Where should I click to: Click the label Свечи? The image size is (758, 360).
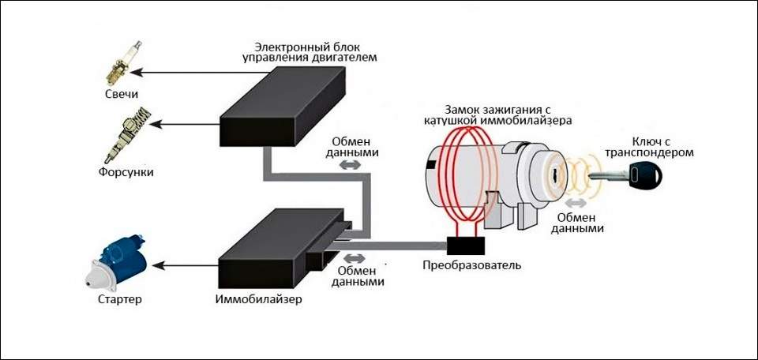tap(121, 95)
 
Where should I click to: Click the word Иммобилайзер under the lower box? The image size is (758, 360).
tap(258, 300)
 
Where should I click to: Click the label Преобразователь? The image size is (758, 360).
tap(472, 265)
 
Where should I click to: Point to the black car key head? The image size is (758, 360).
tap(645, 174)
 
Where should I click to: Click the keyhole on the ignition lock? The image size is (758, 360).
tap(556, 172)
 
